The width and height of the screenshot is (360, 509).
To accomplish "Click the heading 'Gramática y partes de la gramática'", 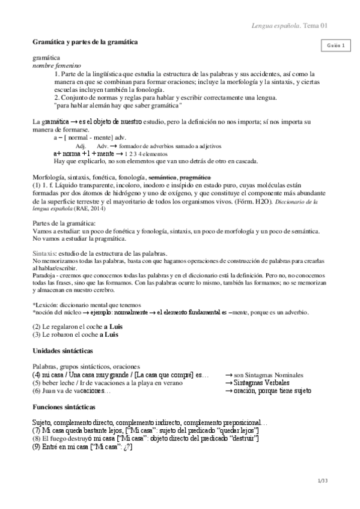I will point(85,43).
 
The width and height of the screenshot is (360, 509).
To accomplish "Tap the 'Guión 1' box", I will point(335,46).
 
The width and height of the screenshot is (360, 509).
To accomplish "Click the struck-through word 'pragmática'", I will point(195,177).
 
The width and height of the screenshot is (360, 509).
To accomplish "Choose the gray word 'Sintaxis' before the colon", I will point(44,254).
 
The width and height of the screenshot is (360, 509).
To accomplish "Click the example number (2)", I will point(37,327).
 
